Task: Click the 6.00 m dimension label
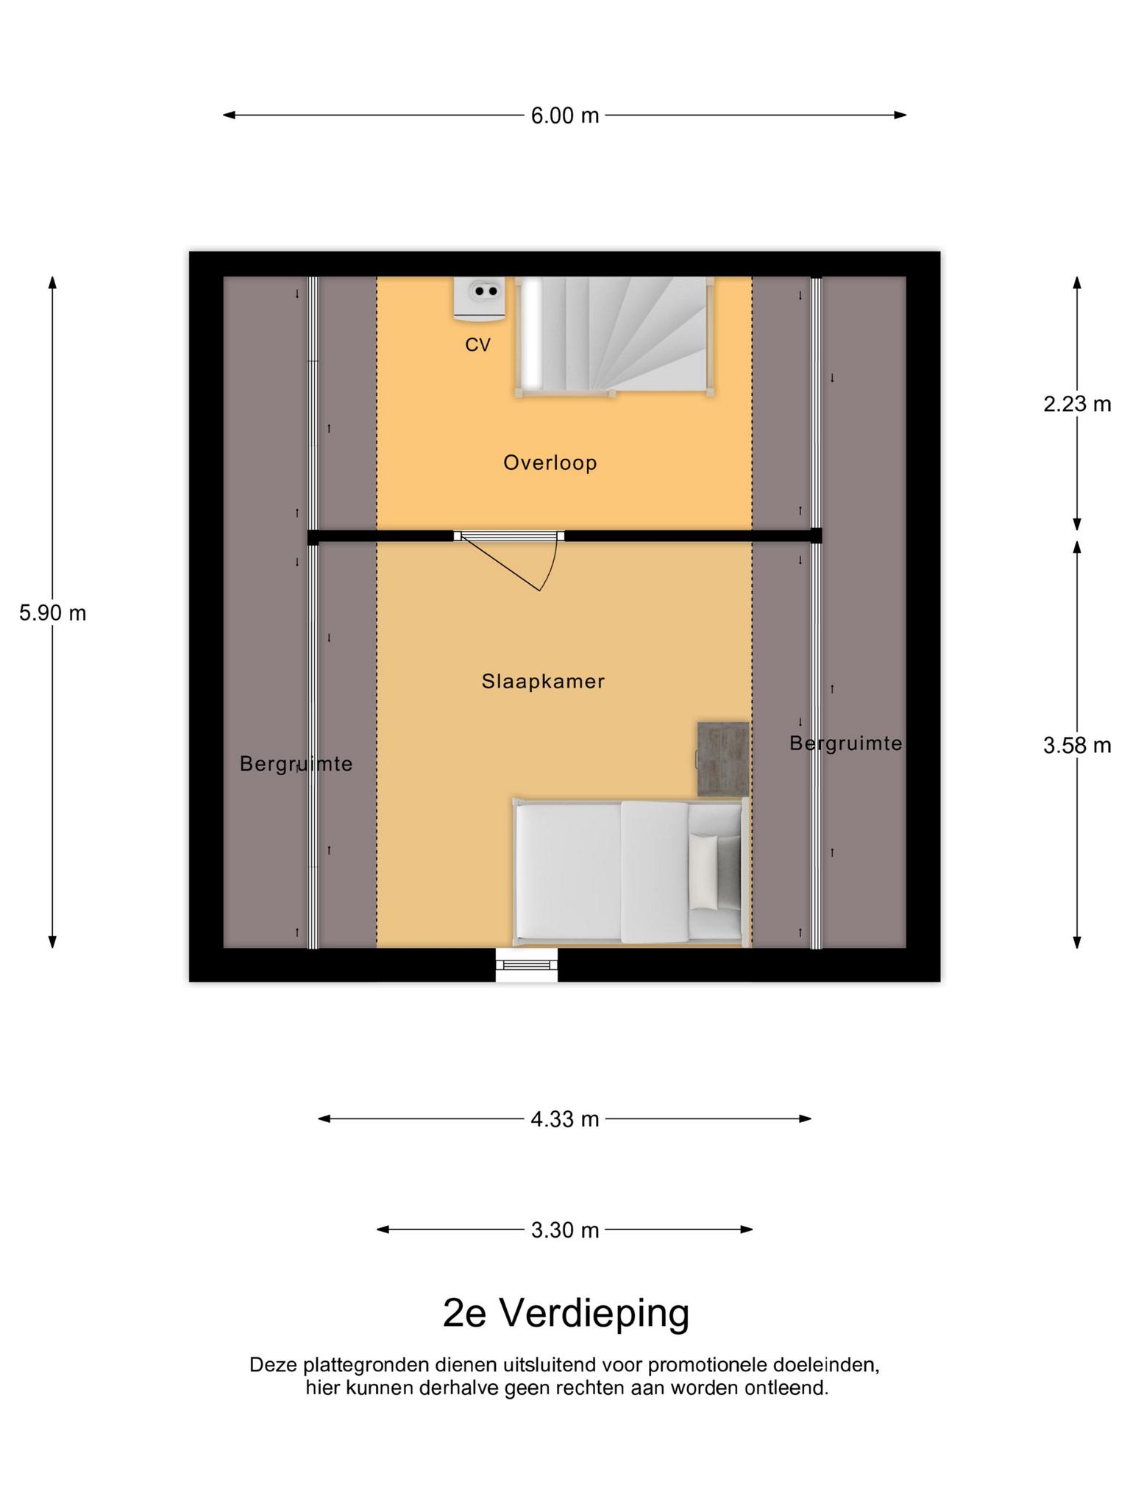click(565, 115)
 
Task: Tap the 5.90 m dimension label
click(53, 613)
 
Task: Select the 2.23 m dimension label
click(1077, 404)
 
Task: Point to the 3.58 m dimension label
click(1077, 746)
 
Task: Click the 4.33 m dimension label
click(565, 1119)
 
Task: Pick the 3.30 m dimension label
click(565, 1230)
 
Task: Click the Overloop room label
click(550, 463)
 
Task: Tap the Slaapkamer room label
click(544, 682)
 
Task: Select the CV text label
click(478, 345)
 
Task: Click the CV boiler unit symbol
click(480, 299)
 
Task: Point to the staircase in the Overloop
click(614, 336)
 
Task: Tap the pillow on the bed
click(703, 872)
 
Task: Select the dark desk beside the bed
click(723, 759)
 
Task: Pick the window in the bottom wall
click(526, 965)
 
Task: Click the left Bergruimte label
click(296, 765)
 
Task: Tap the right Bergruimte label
click(846, 744)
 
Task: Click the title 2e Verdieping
click(566, 1313)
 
